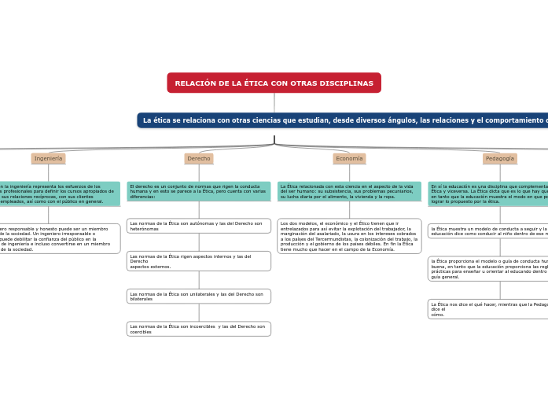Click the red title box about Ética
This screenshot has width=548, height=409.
274,83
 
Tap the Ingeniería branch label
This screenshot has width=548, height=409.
48,159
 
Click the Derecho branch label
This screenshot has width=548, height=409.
199,159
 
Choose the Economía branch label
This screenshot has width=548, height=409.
349,159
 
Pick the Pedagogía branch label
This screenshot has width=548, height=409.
499,159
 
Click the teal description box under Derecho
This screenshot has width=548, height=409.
199,191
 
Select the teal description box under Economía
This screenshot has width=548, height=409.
349,191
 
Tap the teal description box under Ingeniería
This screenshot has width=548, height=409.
59,193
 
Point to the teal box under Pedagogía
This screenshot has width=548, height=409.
488,193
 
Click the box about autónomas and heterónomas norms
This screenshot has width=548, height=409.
199,226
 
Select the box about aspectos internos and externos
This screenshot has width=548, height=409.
199,261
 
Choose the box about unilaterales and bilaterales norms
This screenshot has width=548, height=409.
199,297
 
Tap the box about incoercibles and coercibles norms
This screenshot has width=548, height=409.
199,329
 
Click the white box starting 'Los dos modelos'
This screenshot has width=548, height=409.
349,236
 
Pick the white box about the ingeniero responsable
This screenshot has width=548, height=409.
59,238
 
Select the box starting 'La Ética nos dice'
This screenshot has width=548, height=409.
488,309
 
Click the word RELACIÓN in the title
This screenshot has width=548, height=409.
193,83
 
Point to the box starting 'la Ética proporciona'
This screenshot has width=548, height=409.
488,269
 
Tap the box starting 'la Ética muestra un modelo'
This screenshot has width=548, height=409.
488,231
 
